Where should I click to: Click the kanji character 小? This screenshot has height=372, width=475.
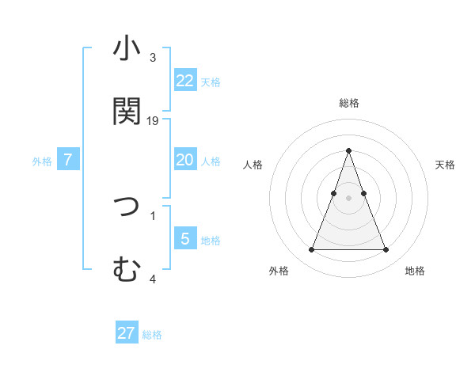[127, 48]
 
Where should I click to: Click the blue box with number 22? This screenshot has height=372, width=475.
[185, 80]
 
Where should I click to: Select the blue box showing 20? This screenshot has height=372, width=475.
[185, 160]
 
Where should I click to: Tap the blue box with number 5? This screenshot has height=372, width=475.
[185, 239]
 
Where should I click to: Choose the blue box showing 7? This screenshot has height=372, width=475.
[68, 160]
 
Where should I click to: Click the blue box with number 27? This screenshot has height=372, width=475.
[127, 333]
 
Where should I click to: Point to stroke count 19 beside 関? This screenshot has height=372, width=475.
[154, 121]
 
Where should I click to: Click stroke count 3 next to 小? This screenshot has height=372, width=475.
[153, 58]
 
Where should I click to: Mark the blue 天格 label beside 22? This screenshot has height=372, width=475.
[211, 82]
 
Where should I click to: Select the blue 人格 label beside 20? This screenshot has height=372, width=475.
[211, 161]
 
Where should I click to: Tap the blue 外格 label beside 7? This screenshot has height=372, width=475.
[42, 161]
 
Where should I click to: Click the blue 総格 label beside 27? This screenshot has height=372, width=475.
[152, 335]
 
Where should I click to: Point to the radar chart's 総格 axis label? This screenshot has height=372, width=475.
[349, 103]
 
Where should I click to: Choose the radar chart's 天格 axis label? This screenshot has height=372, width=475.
[446, 165]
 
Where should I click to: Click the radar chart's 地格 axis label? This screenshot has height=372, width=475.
[415, 271]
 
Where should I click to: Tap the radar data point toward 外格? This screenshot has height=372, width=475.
[311, 250]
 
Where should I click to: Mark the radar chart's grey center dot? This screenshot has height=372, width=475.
[349, 198]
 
